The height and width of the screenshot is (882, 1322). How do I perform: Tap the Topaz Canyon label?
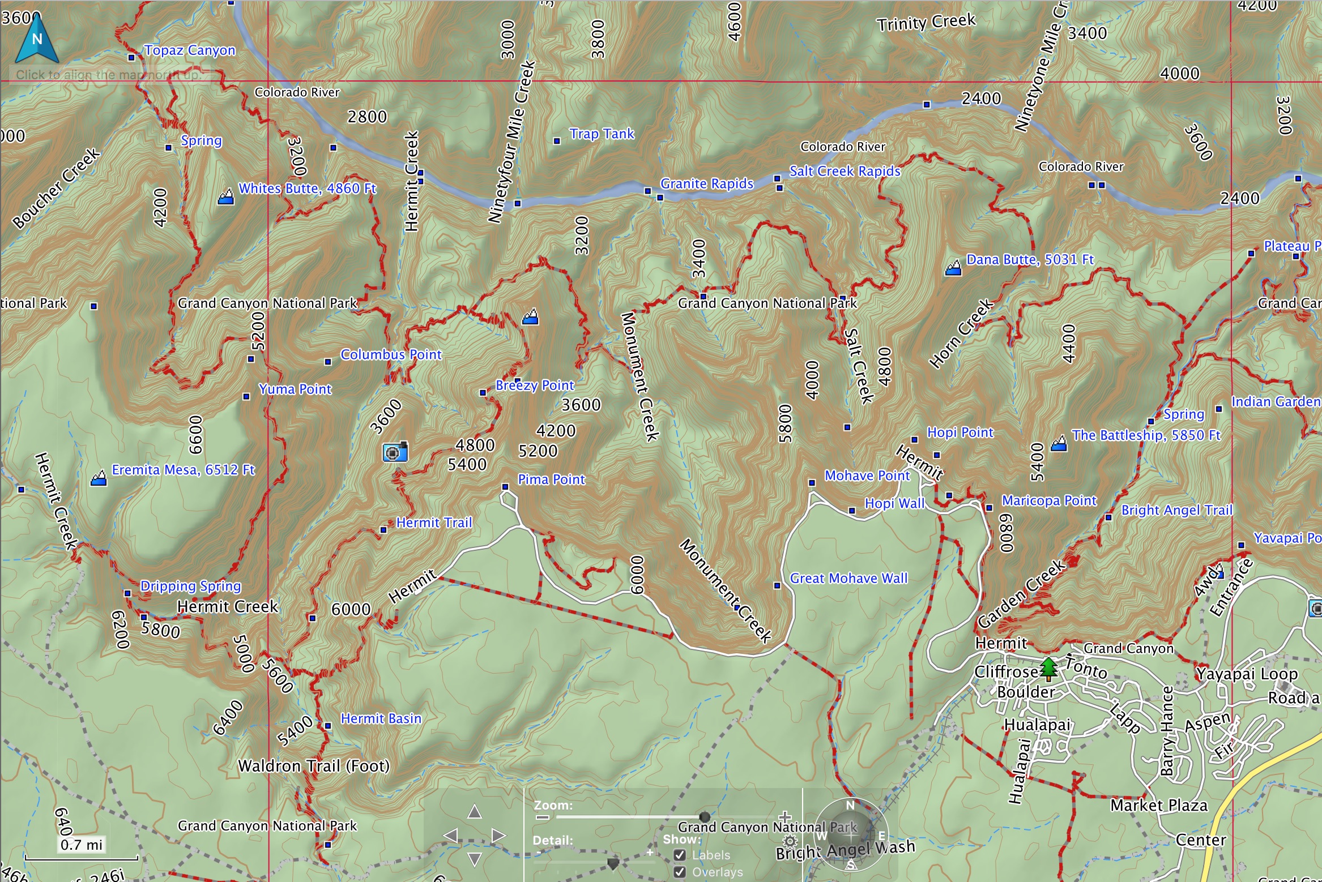[189, 50]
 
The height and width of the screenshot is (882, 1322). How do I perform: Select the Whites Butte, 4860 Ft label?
[307, 189]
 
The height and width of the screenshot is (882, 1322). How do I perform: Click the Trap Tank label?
[602, 134]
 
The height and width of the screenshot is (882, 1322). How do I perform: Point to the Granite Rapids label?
[706, 184]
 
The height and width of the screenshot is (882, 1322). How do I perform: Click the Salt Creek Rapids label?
[845, 172]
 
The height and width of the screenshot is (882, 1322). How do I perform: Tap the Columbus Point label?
[390, 355]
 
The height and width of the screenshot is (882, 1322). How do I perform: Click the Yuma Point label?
[295, 389]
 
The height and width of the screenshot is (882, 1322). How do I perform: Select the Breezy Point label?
[534, 386]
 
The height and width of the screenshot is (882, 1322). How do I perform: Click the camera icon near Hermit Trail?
[395, 452]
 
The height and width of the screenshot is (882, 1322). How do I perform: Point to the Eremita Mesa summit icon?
[99, 478]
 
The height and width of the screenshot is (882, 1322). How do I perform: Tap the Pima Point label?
[551, 480]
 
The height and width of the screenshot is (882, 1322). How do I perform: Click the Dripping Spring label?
[190, 586]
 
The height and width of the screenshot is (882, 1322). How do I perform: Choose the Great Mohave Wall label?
[848, 579]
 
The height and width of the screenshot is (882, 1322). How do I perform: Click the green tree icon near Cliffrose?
[1048, 669]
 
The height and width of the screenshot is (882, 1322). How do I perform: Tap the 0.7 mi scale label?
[81, 845]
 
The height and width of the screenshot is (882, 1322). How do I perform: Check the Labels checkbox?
[680, 855]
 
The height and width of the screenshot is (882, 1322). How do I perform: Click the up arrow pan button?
[475, 812]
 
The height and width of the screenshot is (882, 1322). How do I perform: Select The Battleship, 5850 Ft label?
[1145, 435]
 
